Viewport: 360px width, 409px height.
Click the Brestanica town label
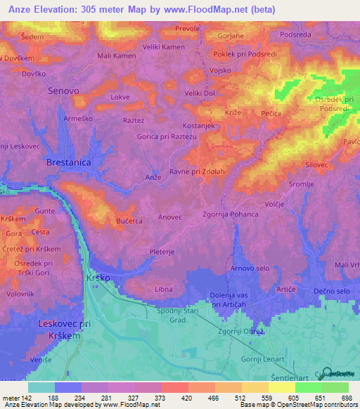(x=70, y=162)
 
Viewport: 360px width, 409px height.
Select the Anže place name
(x=153, y=177)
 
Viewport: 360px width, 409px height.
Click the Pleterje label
(x=162, y=251)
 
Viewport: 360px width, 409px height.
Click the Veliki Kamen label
(x=163, y=47)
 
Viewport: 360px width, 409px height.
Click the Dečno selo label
(x=332, y=291)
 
